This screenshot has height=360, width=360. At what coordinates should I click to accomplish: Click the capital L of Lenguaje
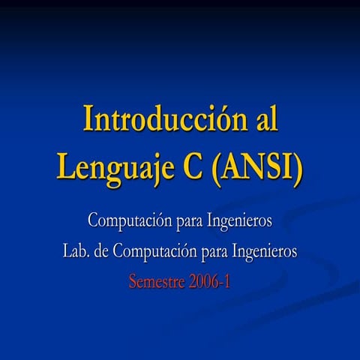point(66,166)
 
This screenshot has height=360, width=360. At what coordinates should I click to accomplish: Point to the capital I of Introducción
point(88,118)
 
